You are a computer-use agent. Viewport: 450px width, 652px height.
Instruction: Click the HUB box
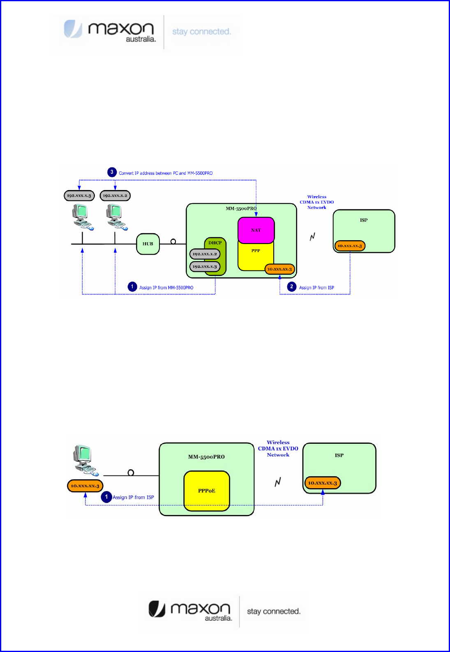(x=148, y=244)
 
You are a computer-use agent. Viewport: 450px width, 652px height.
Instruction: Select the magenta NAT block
(x=256, y=230)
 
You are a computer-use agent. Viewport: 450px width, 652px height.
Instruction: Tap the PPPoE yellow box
(x=207, y=491)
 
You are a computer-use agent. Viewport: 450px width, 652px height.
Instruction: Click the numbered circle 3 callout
(x=112, y=172)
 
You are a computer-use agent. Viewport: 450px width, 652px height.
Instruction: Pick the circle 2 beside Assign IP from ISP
(x=292, y=287)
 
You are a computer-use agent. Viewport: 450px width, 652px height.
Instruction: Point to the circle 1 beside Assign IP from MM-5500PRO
(x=132, y=287)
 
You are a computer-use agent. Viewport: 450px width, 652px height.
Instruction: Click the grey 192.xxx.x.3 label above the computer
(x=79, y=196)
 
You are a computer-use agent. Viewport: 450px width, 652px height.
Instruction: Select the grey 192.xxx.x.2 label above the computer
(x=115, y=196)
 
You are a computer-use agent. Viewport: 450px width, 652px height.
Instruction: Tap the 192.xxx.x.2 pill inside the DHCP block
(x=205, y=254)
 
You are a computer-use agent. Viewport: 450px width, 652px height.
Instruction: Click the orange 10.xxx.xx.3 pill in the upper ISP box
(x=350, y=246)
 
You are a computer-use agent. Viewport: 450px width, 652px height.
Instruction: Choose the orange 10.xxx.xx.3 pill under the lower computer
(x=85, y=486)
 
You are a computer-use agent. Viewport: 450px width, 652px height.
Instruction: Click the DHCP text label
(x=215, y=243)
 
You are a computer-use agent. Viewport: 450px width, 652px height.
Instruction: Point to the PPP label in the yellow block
(x=256, y=250)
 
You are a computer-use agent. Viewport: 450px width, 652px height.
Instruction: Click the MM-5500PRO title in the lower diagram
(x=206, y=457)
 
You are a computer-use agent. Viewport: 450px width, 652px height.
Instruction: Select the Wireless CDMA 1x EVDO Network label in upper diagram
(x=317, y=202)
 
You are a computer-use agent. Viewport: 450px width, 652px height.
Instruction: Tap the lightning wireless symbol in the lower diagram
(x=278, y=482)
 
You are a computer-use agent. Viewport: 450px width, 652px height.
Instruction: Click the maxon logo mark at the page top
(x=73, y=29)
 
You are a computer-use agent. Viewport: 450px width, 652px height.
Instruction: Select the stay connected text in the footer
(x=274, y=611)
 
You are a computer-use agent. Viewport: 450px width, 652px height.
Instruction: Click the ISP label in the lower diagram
(x=339, y=455)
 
